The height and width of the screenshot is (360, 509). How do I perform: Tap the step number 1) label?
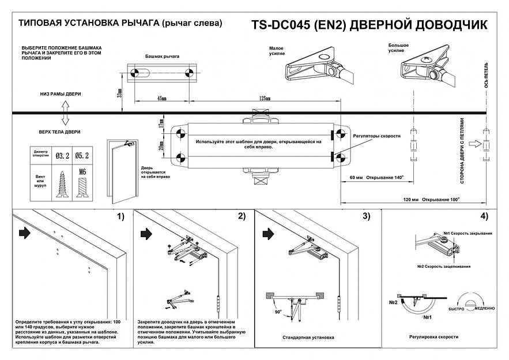pyautogui.click(x=120, y=217)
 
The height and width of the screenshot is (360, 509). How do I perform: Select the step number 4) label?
pyautogui.click(x=482, y=217)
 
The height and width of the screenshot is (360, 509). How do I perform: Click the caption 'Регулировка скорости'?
pyautogui.click(x=433, y=336)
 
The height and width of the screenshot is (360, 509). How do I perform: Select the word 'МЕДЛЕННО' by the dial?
pyautogui.click(x=483, y=309)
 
